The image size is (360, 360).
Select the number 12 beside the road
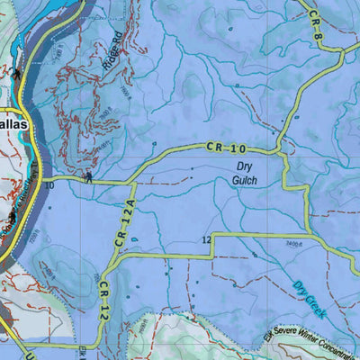[x=206, y=239]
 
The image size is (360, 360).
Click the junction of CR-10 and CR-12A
[x=135, y=183]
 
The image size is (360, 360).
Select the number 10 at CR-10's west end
[x=49, y=185]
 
